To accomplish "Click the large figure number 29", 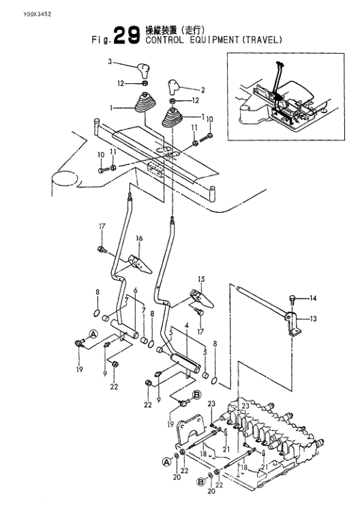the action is (x=127, y=35).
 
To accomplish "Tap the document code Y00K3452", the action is (x=37, y=14).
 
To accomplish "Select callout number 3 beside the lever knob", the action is (x=110, y=61).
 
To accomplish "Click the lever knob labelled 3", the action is (x=142, y=71).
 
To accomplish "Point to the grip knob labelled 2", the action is (x=173, y=85).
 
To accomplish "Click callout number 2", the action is (x=203, y=90).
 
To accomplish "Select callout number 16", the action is (x=139, y=239).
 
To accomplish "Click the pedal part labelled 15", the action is (x=202, y=298).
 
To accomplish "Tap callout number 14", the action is (x=313, y=298).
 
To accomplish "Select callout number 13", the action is (x=313, y=319).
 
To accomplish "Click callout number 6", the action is (x=136, y=290).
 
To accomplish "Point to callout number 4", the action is (x=187, y=325).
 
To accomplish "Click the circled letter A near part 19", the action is (x=93, y=333).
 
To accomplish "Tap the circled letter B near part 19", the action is (x=197, y=395).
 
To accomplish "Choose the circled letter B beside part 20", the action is (x=201, y=481).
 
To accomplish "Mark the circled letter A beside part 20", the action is (x=167, y=462).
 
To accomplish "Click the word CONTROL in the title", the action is (x=164, y=40).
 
